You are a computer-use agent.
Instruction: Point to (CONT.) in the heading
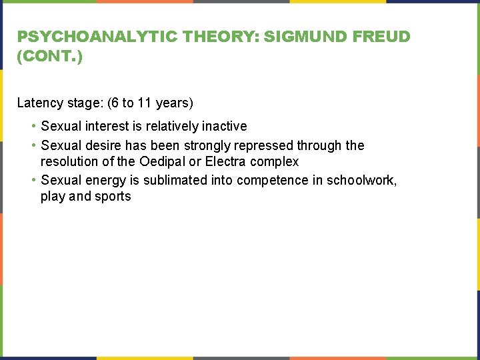[50, 57]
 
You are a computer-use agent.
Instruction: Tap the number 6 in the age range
[111, 103]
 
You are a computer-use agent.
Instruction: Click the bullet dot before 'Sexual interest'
[33, 126]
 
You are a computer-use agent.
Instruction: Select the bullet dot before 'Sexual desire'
[33, 145]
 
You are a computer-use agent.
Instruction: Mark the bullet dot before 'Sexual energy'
[33, 180]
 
